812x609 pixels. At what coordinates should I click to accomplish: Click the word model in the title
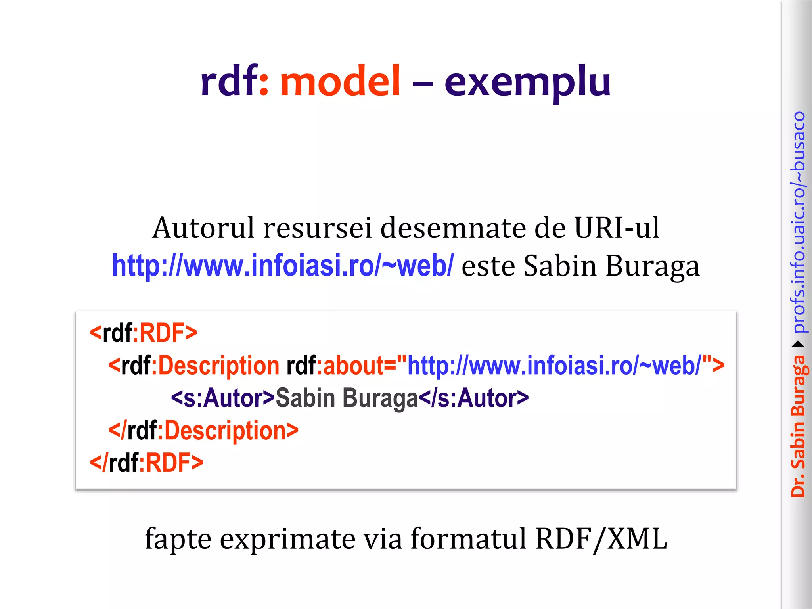(340, 81)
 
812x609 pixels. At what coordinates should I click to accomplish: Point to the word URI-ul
(617, 228)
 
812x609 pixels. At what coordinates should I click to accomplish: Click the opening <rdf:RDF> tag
(144, 333)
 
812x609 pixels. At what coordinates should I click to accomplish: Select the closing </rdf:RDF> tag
(147, 463)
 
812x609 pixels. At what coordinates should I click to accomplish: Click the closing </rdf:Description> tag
(203, 431)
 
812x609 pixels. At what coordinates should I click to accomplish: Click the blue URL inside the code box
(554, 366)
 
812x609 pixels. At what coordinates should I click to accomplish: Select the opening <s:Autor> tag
(223, 398)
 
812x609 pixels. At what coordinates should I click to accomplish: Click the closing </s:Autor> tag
(474, 398)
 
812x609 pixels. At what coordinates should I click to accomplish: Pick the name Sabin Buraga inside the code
(347, 398)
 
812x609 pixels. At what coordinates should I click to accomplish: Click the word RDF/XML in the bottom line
(601, 539)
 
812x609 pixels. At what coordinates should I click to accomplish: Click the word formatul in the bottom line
(468, 539)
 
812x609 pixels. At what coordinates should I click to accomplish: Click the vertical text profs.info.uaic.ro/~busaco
(799, 222)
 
